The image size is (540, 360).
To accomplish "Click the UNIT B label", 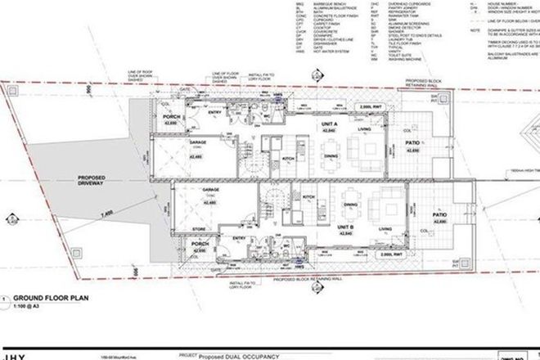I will pyautogui.click(x=353, y=223).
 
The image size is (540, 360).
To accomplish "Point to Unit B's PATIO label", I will pyautogui.click(x=440, y=216).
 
